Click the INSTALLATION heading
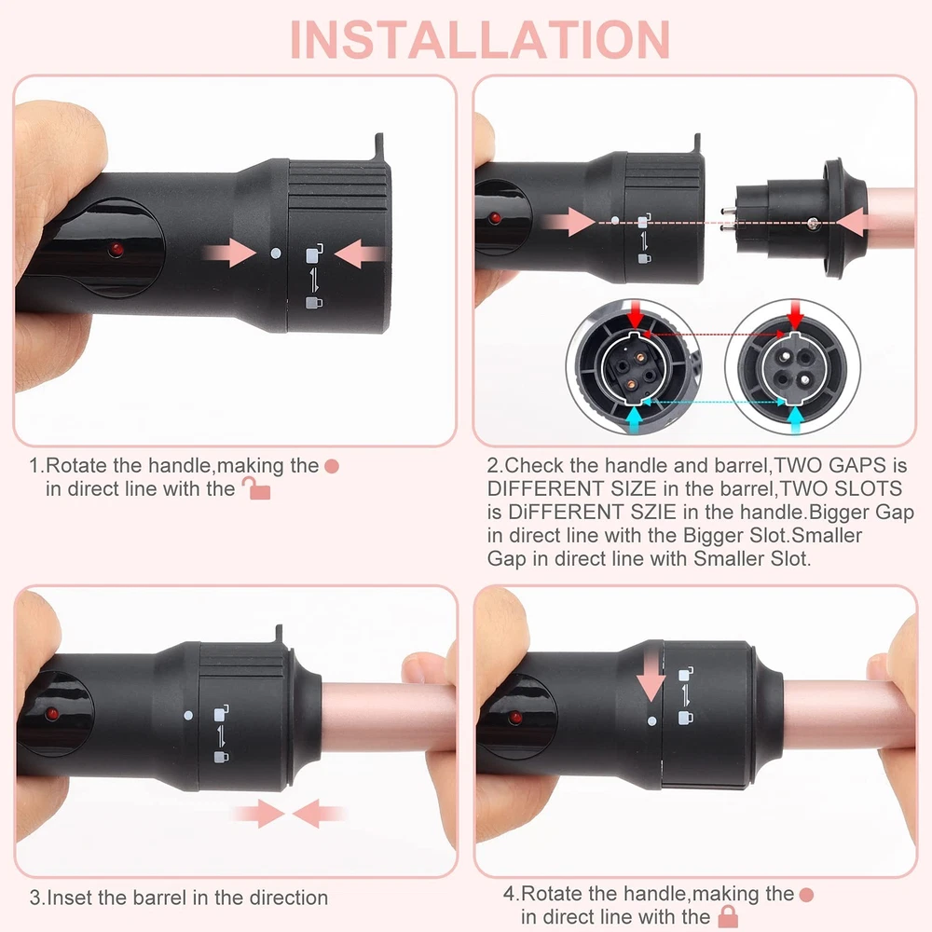pos(480,40)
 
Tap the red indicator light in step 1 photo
pos(116,249)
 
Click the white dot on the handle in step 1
pos(275,254)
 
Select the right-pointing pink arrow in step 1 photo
pos(229,253)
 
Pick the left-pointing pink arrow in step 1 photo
pos(360,254)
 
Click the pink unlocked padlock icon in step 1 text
pos(256,488)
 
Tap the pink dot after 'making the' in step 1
pos(332,467)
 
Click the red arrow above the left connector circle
pos(636,314)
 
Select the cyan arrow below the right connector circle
pos(795,419)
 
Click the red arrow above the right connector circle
pos(795,314)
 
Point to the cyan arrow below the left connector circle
pos(635,419)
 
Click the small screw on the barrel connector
pos(813,224)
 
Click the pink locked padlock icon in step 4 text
pos(728,916)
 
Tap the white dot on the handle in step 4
pos(652,721)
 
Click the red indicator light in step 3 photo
pos(52,713)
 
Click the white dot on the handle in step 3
pos(188,716)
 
